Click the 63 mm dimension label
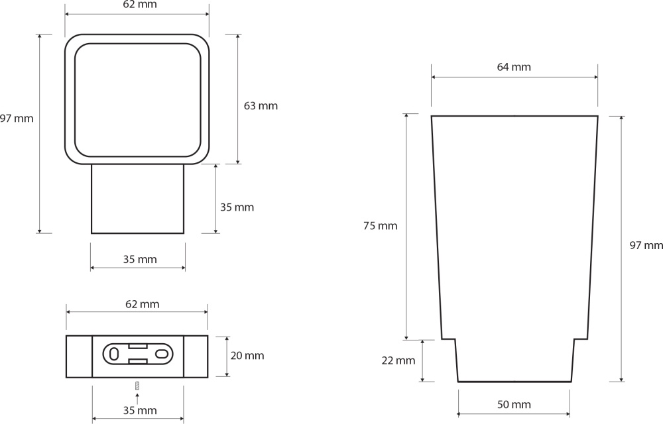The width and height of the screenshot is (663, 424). (261, 105)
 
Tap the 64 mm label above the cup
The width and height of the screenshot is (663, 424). (514, 67)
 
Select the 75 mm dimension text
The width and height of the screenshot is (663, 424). (380, 226)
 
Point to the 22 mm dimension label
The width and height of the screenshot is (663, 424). (398, 360)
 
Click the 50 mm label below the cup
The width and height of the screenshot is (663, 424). (514, 405)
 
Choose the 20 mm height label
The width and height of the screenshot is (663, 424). (247, 356)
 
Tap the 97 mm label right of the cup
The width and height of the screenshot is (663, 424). (646, 245)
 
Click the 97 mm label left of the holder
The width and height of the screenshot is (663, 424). (17, 118)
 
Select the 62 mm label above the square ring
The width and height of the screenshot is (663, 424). (140, 5)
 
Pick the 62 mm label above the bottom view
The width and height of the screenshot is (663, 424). (142, 304)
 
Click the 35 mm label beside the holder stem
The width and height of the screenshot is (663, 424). (237, 207)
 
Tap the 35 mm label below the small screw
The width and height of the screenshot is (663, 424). (140, 411)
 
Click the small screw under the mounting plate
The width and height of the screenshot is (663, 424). (137, 385)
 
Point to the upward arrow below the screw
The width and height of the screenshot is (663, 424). (137, 398)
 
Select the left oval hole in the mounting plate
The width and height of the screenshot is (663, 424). (114, 354)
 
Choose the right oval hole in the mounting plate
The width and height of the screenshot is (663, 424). (162, 354)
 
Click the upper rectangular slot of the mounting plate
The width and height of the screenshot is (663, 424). (137, 346)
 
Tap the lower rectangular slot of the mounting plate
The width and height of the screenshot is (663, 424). (137, 361)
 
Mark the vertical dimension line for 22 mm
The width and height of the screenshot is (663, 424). (422, 361)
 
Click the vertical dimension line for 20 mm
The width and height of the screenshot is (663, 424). (227, 356)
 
